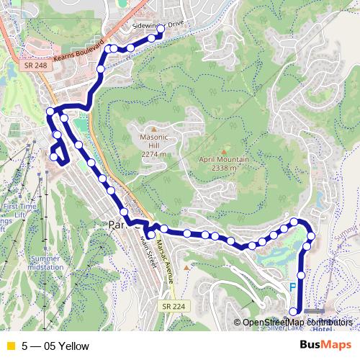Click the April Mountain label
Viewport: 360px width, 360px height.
point(225,163)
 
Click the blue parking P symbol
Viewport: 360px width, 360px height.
point(292,287)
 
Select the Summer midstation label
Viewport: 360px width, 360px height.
point(45,263)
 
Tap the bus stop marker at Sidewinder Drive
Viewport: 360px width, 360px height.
point(161,30)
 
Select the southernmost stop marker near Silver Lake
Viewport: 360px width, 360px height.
point(293,311)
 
